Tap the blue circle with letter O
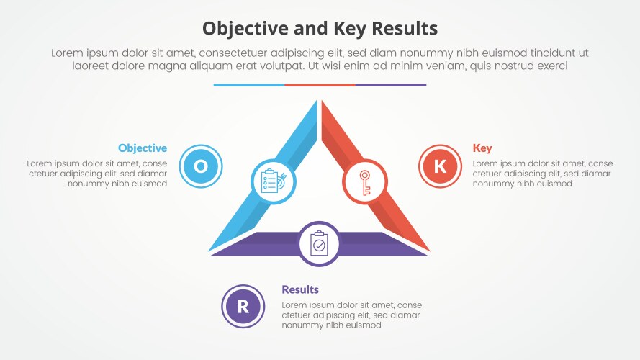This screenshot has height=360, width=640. (x=200, y=166)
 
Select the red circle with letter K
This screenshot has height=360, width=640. (x=440, y=166)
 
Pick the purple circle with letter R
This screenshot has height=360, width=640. (x=243, y=306)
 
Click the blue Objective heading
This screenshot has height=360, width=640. (x=143, y=148)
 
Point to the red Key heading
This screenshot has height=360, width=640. (x=482, y=148)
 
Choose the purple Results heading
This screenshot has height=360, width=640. (x=300, y=289)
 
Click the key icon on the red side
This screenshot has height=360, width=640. (x=364, y=181)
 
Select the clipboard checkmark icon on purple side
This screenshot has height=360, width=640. (x=319, y=244)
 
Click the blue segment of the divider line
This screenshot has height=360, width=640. (x=248, y=85)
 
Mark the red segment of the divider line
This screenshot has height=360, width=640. (x=320, y=85)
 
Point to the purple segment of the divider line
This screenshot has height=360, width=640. (x=390, y=85)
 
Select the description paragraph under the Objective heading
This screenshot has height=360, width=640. (x=97, y=174)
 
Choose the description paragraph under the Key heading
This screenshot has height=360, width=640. (x=543, y=174)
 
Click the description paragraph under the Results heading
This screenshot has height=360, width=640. (x=351, y=315)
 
